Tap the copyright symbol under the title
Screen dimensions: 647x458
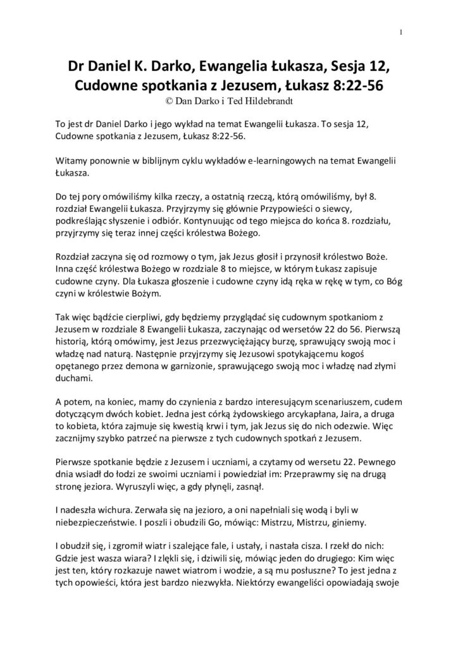tap(166, 99)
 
